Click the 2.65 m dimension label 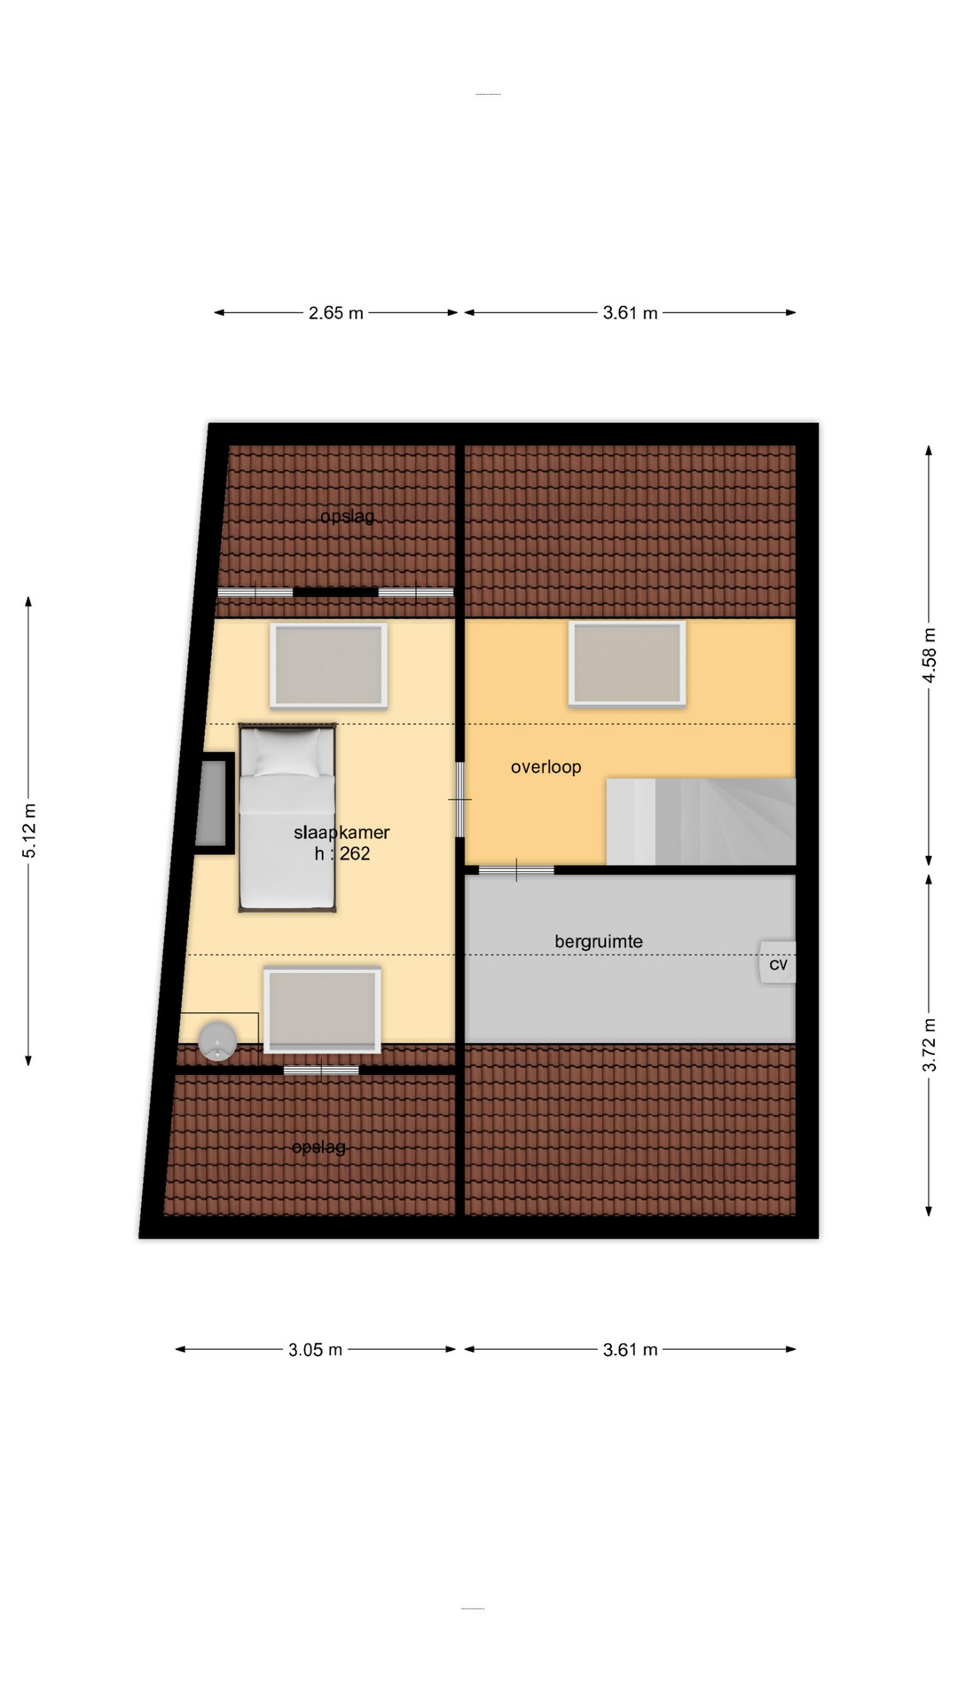pos(336,313)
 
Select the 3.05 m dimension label pos(315,1350)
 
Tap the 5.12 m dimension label pos(29,831)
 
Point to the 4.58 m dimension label pos(929,655)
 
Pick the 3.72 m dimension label pos(929,1045)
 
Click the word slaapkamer pos(342,833)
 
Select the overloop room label pos(546,767)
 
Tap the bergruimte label pos(599,942)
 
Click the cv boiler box pos(778,962)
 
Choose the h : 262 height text pos(342,854)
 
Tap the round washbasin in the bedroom pos(217,1040)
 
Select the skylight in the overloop pos(627,663)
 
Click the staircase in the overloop pos(701,821)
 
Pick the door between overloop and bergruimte pos(516,870)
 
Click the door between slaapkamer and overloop pos(459,799)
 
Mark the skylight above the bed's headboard pos(328,665)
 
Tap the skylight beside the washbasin pos(322,1011)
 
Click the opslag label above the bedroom pos(348,516)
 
